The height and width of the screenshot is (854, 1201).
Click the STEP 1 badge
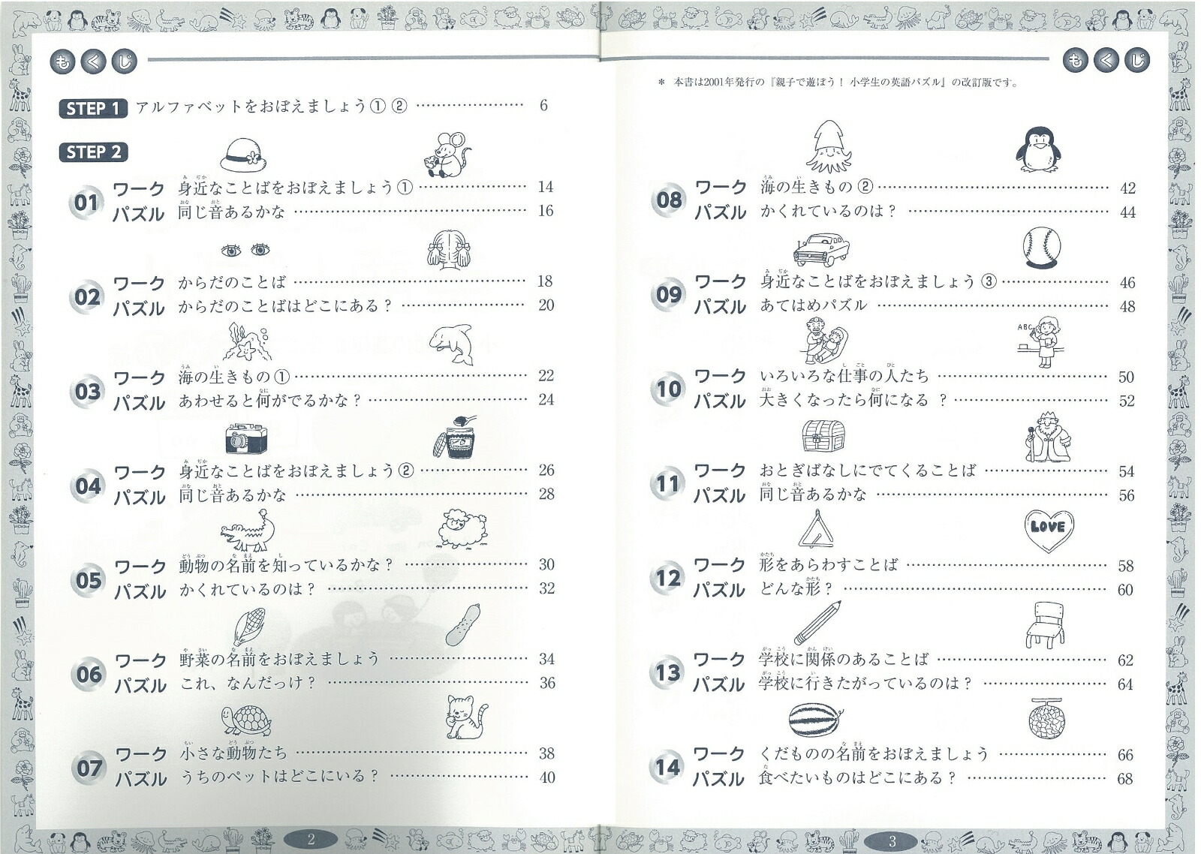coord(93,108)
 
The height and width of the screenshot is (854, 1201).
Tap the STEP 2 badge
coord(93,152)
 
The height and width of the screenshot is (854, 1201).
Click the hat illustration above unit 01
coord(244,155)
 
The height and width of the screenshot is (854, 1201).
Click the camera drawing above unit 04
coord(247,438)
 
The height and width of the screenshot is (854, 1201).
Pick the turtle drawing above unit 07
coord(246,720)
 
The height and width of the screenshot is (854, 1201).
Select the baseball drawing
coord(1041,248)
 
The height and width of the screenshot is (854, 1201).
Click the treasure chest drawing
coord(823,436)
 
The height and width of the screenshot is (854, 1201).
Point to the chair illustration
coord(1044,624)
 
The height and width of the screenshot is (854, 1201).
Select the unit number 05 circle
coord(88,579)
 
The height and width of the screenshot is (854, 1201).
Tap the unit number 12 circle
coord(667,578)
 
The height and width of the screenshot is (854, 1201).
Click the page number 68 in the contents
coord(1124,779)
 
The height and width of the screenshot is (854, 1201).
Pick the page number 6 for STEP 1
coord(543,106)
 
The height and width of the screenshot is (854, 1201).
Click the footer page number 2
coord(311,840)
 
